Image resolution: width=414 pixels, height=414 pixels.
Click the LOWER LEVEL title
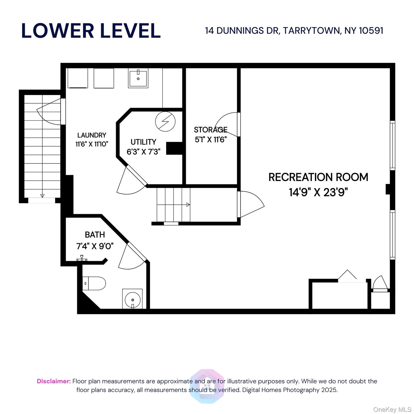(x=91, y=31)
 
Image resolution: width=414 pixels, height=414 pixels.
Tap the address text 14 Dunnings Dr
(x=242, y=30)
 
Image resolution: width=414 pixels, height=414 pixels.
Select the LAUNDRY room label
(x=92, y=135)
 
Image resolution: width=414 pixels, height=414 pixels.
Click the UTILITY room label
(x=143, y=142)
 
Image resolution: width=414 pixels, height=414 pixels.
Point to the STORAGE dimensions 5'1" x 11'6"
(x=211, y=140)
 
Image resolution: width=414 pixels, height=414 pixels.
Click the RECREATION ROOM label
(x=318, y=177)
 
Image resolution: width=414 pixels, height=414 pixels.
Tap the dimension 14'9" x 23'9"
(x=318, y=192)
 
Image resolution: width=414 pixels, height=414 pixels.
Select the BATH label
(x=95, y=234)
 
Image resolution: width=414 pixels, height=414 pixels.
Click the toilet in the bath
(x=94, y=283)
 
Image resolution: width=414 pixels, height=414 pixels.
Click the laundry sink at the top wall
(x=138, y=78)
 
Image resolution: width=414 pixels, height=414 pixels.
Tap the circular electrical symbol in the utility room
(x=165, y=122)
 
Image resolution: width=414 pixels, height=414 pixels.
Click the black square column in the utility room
(x=174, y=148)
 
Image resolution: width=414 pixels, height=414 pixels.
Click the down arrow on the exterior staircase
(x=42, y=196)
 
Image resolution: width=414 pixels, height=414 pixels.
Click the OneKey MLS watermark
(x=392, y=410)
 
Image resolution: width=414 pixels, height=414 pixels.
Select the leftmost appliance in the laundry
(x=78, y=78)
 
